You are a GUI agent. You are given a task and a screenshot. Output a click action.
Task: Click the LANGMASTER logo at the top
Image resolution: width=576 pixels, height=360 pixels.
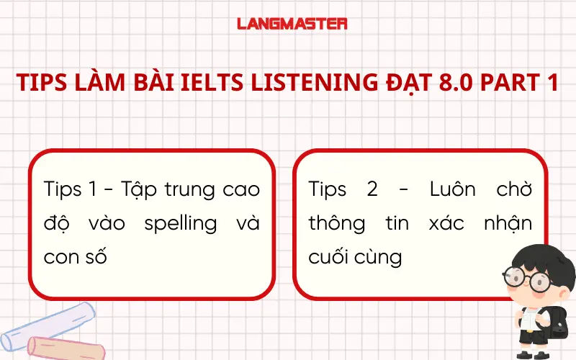292,24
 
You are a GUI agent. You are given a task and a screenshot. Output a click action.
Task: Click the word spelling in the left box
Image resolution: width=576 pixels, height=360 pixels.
180,223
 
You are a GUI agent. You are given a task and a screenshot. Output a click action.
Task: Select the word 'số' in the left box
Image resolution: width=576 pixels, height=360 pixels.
96,256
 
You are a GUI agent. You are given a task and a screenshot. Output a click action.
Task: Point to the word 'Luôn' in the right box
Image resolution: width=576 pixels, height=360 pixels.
454,190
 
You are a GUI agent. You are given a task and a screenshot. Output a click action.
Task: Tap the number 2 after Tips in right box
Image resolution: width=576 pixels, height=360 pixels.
372,190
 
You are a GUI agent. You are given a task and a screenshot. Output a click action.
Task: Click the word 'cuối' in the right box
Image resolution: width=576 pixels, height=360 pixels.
330,256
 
